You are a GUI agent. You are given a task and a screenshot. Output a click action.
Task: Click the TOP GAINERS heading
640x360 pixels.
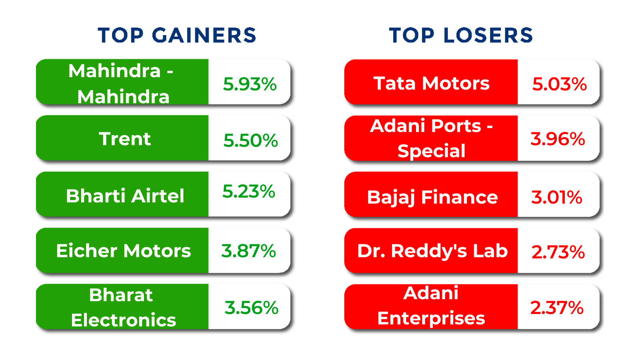pyautogui.click(x=177, y=36)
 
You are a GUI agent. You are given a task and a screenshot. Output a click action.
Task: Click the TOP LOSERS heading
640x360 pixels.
pyautogui.click(x=461, y=36)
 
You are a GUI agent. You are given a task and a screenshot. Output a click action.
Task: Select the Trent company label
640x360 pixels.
pyautogui.click(x=125, y=139)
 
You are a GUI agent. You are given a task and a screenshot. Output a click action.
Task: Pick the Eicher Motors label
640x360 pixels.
pyautogui.click(x=124, y=251)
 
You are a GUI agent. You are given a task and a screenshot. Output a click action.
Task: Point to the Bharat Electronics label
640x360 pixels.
pyautogui.click(x=124, y=308)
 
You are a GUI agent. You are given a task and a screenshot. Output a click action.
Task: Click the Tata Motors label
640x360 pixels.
pyautogui.click(x=432, y=83)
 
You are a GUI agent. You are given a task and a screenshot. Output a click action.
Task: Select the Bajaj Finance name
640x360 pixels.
pyautogui.click(x=432, y=197)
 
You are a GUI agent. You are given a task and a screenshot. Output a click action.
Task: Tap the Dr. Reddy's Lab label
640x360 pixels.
pyautogui.click(x=432, y=251)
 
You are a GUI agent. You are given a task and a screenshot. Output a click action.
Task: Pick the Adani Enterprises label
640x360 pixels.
pyautogui.click(x=431, y=306)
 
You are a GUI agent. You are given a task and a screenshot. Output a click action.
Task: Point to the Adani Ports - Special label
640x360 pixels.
pyautogui.click(x=431, y=138)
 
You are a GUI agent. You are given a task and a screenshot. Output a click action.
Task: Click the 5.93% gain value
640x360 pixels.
pyautogui.click(x=250, y=84)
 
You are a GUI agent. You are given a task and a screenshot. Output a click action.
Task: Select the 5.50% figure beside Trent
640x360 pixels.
pyautogui.click(x=250, y=140)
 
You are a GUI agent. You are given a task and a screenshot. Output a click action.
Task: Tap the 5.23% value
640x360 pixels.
pyautogui.click(x=248, y=191)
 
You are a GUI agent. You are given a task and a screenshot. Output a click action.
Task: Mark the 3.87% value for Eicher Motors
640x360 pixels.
pyautogui.click(x=248, y=251)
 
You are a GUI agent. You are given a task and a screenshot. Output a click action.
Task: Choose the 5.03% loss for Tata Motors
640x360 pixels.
pyautogui.click(x=560, y=84)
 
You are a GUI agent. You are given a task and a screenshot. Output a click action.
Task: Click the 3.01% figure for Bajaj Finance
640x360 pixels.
pyautogui.click(x=556, y=197)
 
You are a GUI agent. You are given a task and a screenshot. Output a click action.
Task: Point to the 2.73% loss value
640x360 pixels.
pyautogui.click(x=558, y=252)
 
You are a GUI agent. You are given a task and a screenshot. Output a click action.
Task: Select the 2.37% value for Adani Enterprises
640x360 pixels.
pyautogui.click(x=556, y=308)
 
